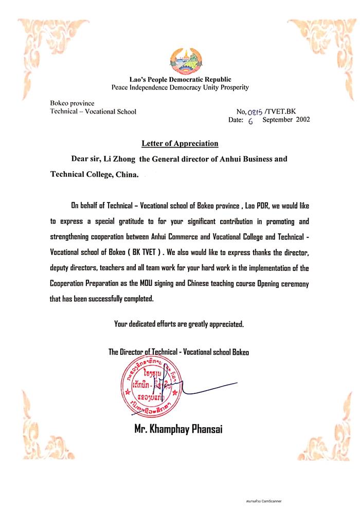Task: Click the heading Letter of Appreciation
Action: point(180,143)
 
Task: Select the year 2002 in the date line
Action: point(300,120)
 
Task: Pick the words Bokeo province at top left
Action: point(72,103)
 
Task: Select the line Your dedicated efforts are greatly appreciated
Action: point(178,324)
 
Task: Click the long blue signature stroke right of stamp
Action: point(211,388)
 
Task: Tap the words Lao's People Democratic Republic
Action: point(180,80)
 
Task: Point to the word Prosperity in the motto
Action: point(232,87)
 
